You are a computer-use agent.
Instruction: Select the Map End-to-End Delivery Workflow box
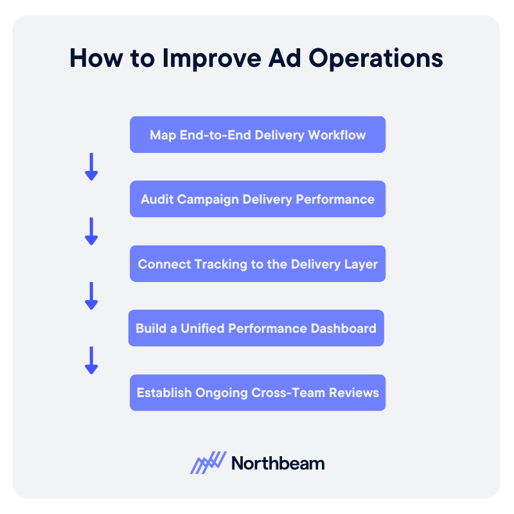pos(258,134)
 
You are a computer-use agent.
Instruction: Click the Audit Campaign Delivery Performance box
pos(258,199)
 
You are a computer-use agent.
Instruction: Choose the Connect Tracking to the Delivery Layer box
pos(258,263)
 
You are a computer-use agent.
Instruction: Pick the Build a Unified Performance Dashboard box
pos(256,328)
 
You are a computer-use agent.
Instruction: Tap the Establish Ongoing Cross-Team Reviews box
pos(258,393)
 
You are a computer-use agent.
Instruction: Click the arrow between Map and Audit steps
pos(91,166)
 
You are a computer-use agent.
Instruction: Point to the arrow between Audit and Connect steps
pos(91,231)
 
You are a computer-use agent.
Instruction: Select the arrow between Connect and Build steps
pos(91,296)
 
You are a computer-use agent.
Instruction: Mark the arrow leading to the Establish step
pos(91,360)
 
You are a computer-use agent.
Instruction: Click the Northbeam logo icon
pos(208,463)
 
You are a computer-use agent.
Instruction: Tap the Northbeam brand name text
pos(278,463)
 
